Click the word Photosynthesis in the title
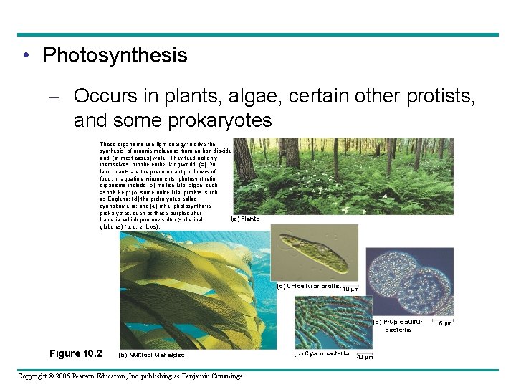coord(115,55)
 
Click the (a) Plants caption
coord(245,219)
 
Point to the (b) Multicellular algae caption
coord(150,355)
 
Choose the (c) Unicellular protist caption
coord(309,286)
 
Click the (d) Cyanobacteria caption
coord(321,353)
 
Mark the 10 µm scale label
coord(351,290)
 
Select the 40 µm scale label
coord(365,357)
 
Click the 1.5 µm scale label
coord(444,324)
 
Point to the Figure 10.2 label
coord(76,353)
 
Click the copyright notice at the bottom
coord(130,376)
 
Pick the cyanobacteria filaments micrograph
coord(326,322)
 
